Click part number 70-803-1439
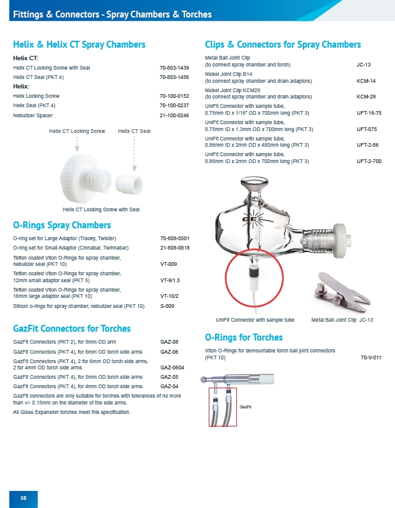click(x=174, y=67)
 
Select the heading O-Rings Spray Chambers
click(x=62, y=225)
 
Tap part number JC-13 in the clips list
click(x=364, y=65)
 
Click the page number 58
click(x=23, y=497)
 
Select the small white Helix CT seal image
click(x=133, y=177)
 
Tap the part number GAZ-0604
click(x=172, y=368)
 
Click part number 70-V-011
click(x=371, y=357)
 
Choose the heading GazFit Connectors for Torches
click(x=72, y=329)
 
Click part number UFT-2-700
click(x=368, y=161)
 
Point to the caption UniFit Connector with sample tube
click(x=255, y=320)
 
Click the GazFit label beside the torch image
click(x=246, y=407)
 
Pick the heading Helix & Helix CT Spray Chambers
click(x=80, y=45)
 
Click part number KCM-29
click(x=366, y=97)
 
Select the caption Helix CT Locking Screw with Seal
click(x=101, y=209)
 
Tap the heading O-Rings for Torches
click(x=244, y=337)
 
